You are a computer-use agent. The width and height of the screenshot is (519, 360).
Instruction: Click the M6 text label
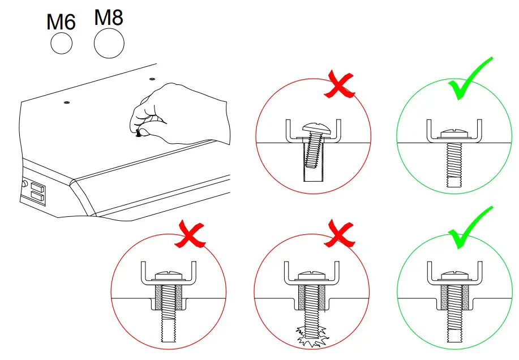point(61,22)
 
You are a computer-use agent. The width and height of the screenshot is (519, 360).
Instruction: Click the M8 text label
point(109,18)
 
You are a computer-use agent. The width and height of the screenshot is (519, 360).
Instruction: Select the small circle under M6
point(61,42)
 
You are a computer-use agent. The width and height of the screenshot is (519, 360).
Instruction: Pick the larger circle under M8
point(109,44)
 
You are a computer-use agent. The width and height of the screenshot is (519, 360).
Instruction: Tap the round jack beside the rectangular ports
point(24,184)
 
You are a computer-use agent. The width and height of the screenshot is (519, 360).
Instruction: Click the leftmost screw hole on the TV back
point(67,102)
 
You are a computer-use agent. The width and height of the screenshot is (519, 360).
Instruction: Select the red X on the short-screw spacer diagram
point(190,234)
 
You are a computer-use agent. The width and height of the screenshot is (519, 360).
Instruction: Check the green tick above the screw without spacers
point(470,79)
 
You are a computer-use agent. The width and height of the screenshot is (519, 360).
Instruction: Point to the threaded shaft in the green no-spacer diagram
point(455,161)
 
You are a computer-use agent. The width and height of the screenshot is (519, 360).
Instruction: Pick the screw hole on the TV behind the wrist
point(152,80)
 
